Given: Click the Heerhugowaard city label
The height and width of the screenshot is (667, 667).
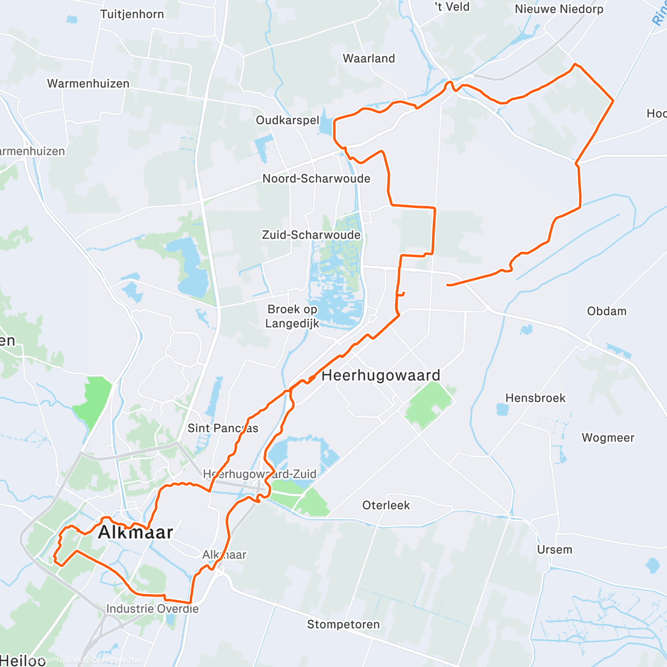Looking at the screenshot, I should (x=381, y=375).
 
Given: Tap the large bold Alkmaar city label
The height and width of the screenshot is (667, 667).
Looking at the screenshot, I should (x=136, y=532).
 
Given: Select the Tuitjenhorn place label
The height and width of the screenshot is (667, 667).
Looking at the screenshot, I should (x=132, y=14).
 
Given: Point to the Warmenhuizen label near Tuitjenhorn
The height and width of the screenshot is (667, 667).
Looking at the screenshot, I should (x=88, y=83).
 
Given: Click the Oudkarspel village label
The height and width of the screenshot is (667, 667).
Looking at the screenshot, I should (x=287, y=120).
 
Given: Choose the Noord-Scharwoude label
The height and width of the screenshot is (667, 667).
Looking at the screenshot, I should (x=316, y=178).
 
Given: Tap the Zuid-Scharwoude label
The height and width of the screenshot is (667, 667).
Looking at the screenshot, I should (x=311, y=235).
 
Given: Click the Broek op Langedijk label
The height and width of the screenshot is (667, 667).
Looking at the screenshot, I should (x=292, y=316).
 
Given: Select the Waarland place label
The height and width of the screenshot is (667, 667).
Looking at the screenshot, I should (x=369, y=58).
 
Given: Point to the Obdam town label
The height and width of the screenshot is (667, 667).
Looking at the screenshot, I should (x=606, y=311).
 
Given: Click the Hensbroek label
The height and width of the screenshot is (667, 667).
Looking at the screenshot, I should (x=535, y=398).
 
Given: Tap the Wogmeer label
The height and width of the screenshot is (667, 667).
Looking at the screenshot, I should (x=608, y=437).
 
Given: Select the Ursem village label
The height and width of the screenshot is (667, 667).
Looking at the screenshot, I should (x=554, y=550).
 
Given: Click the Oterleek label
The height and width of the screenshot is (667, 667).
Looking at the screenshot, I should (x=386, y=505).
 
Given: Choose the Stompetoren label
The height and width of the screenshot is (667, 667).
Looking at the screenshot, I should (x=344, y=624).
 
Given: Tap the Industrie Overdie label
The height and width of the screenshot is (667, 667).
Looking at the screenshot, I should (x=152, y=609).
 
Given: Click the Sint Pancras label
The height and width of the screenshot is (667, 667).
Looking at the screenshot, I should (x=223, y=428).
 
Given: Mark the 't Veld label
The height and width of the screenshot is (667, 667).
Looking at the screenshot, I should (x=452, y=7).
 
